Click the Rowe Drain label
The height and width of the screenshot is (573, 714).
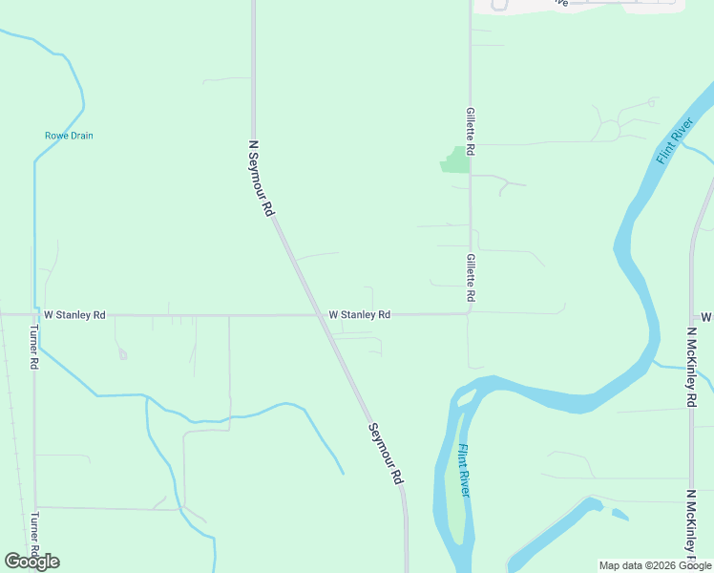point(69,136)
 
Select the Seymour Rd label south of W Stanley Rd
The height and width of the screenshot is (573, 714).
point(386,454)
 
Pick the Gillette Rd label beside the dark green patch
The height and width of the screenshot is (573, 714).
point(471,132)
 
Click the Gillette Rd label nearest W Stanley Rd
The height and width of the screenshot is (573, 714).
point(471,279)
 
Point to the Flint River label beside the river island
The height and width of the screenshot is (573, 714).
point(464,471)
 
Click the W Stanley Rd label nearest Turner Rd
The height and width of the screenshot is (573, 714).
point(74,314)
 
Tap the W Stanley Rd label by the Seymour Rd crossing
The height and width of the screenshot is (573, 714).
point(359,314)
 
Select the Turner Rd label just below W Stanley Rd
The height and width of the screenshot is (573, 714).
point(33,348)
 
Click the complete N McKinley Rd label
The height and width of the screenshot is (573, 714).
point(691,368)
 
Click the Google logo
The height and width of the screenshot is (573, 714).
point(31,562)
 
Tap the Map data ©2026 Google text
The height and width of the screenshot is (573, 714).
point(654,565)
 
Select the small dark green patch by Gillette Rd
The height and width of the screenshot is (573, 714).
point(456,160)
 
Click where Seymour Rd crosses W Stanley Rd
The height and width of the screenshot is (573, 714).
point(319,314)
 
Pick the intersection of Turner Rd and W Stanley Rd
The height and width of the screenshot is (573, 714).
point(34,314)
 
